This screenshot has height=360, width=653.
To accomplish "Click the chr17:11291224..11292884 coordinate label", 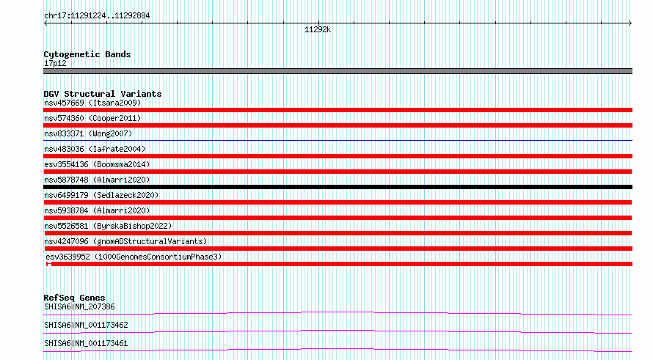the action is (97, 16).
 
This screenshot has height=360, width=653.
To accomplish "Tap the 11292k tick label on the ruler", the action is (318, 29).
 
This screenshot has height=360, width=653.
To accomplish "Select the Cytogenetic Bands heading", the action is (87, 54).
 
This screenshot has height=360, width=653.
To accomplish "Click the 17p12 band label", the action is (55, 63).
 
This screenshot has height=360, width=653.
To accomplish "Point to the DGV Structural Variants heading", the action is (103, 94).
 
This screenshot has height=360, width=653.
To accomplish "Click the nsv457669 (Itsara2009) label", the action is (92, 103).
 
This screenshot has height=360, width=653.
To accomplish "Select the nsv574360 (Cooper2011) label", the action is (92, 118).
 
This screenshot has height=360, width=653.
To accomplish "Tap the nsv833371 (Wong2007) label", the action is (88, 133).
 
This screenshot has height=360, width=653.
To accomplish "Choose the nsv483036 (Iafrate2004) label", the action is (95, 149).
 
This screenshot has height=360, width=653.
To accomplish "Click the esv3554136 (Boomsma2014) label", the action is (97, 164).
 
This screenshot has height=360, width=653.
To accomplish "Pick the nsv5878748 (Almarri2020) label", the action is (97, 180).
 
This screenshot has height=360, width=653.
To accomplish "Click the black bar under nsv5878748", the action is (338, 187).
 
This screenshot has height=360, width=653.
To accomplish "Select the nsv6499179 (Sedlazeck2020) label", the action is (101, 195).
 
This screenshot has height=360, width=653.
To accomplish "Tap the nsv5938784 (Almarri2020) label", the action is (97, 210).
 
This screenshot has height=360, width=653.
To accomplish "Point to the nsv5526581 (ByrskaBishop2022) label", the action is (108, 226).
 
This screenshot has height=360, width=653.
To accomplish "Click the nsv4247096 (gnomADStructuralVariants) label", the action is (125, 241).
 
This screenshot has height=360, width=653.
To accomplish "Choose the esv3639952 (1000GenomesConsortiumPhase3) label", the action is (134, 257).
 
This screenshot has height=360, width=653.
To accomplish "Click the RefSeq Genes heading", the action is (74, 298).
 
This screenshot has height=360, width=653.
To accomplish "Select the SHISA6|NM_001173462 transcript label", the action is (86, 325).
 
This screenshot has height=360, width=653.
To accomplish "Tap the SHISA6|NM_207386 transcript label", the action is (79, 306).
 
